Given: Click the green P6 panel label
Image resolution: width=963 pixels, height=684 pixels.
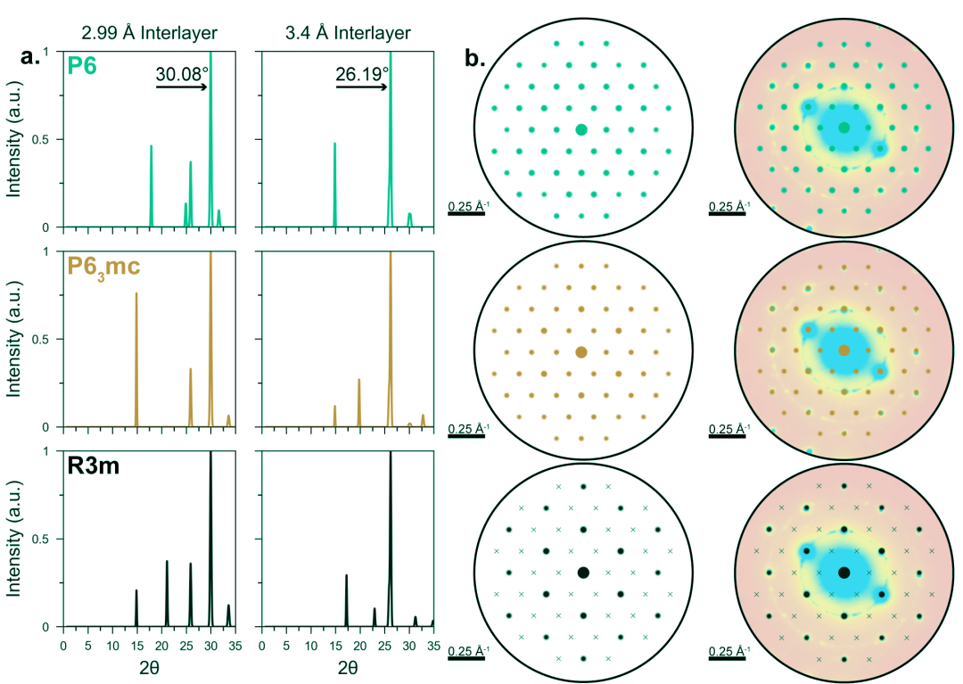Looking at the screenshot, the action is pos(82,64).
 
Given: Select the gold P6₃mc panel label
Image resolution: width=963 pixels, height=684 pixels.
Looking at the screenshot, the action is pos(103,268).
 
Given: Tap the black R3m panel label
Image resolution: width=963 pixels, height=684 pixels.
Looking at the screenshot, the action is pos(94,466).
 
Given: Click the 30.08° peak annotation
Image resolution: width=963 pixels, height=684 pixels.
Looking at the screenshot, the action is pos(183,74).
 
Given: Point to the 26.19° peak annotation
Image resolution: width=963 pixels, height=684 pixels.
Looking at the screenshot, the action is pos(362,74).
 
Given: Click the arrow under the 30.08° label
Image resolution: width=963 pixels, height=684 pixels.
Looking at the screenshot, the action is pos(182,87).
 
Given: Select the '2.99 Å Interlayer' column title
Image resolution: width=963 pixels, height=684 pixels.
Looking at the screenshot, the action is pos(149,32).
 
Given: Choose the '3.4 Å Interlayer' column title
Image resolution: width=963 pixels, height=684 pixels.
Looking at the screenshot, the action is pos(349,32).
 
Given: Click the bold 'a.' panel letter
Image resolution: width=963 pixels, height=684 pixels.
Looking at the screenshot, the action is pos(30,56).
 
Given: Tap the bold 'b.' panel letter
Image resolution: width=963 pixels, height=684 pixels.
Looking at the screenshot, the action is pos(475,58).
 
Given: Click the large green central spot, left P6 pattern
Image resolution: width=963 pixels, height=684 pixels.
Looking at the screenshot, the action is pos(581,129).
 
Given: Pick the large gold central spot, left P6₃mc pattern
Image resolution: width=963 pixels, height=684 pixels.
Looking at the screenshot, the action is pos(581,352).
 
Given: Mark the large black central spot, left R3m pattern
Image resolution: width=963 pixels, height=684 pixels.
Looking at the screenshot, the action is pos(583,573).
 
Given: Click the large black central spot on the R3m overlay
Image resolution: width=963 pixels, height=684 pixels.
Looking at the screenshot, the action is pos(844,573).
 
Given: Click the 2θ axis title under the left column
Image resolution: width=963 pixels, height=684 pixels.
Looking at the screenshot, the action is pos(149,668).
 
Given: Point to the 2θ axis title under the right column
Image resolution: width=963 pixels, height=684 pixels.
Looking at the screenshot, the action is pos(348,668).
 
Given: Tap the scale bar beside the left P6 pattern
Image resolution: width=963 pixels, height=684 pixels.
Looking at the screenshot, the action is pos(466,214).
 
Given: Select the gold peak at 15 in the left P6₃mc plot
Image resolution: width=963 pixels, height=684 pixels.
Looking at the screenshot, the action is pos(136,359).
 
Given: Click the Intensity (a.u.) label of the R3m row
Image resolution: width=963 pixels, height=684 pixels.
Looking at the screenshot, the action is pos(13,540).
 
